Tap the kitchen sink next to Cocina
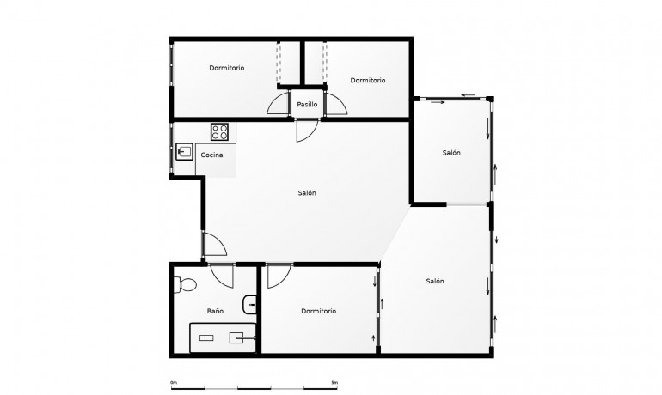(x=184, y=153)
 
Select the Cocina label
(x=212, y=155)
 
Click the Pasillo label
(x=307, y=105)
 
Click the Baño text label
(x=215, y=311)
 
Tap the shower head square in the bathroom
(x=236, y=338)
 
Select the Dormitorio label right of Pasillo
(x=367, y=80)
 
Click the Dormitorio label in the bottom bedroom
(x=318, y=311)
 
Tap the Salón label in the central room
(x=307, y=193)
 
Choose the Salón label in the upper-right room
(x=451, y=153)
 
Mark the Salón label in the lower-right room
(x=434, y=282)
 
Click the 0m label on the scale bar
(x=173, y=382)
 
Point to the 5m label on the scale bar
(x=334, y=382)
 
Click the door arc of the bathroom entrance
(x=222, y=276)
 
